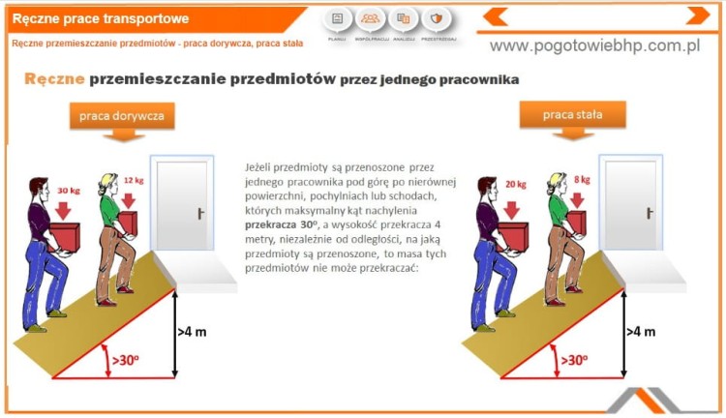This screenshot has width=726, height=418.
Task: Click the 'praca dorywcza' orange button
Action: click(x=121, y=116)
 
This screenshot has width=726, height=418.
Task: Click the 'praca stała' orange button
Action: click(x=572, y=115)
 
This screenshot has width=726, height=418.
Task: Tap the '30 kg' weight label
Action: click(x=69, y=191)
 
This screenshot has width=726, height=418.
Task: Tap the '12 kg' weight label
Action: click(x=134, y=181)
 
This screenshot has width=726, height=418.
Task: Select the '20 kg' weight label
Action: click(x=515, y=184)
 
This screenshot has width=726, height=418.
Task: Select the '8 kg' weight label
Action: click(x=582, y=180)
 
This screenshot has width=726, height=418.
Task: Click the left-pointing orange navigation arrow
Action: click(x=496, y=15)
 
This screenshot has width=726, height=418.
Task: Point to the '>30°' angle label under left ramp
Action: click(x=127, y=360)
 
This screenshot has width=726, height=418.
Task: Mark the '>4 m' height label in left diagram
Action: click(x=192, y=331)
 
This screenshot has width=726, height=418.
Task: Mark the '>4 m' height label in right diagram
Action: click(x=640, y=331)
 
